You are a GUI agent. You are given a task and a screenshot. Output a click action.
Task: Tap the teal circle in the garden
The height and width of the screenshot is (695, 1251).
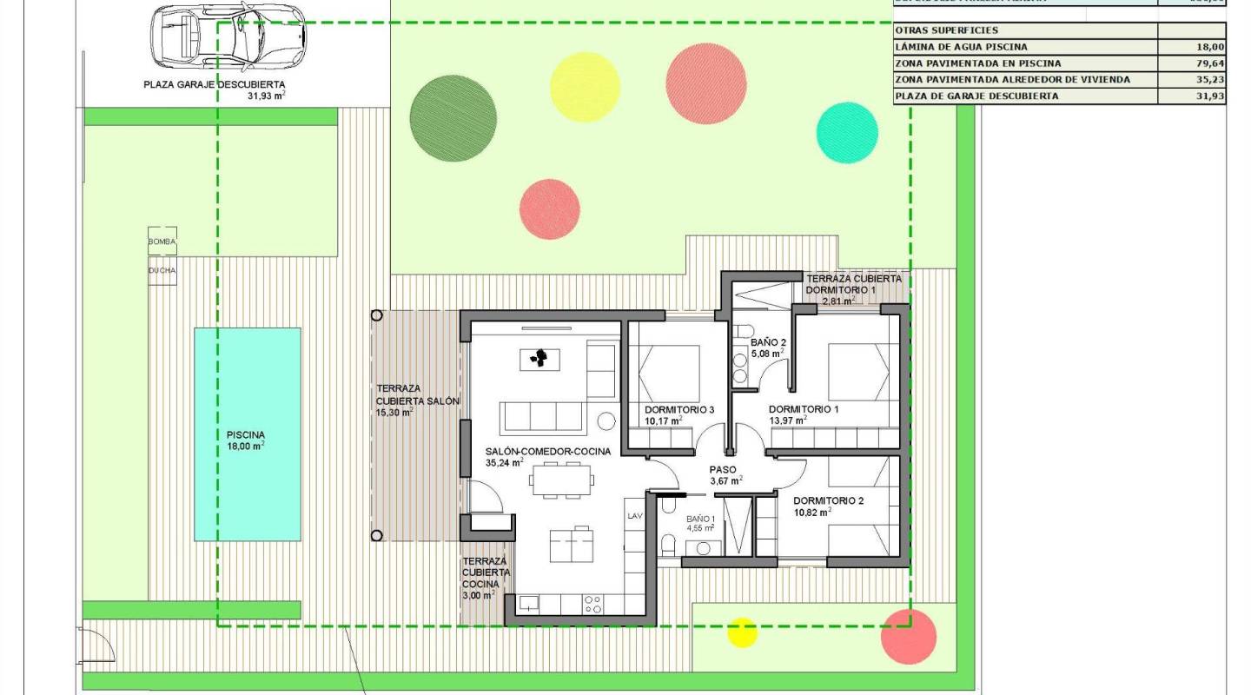(x=848, y=133)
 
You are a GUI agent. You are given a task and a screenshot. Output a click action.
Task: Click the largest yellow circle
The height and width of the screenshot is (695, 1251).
(x=586, y=86)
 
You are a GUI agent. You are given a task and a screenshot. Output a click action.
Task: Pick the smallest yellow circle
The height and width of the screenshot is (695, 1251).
(x=742, y=632)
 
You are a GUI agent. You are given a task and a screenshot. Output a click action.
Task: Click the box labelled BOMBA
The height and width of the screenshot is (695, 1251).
(x=162, y=242)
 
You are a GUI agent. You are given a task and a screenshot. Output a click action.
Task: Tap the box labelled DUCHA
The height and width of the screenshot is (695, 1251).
(x=162, y=270)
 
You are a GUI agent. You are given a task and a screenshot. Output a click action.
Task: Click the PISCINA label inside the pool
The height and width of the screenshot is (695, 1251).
(x=246, y=435)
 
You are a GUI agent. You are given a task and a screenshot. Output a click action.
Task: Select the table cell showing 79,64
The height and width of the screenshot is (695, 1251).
(x=1191, y=63)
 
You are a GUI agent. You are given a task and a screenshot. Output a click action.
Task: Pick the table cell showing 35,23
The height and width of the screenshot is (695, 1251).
(x=1191, y=80)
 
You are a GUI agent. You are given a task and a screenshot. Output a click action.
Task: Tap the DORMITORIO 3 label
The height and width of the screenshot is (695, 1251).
(x=679, y=410)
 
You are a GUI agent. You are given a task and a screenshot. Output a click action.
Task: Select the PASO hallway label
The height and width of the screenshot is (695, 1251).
(x=723, y=469)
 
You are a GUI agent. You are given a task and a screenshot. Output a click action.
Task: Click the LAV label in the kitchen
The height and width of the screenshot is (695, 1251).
(x=634, y=516)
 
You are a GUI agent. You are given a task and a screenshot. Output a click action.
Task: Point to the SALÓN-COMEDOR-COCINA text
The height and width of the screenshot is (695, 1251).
(x=547, y=452)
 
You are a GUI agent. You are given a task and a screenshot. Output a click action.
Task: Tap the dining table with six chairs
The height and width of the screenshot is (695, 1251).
(x=560, y=479)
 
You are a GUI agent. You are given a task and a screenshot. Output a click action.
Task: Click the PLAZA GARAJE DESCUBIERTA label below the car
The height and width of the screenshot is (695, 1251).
(x=214, y=85)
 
